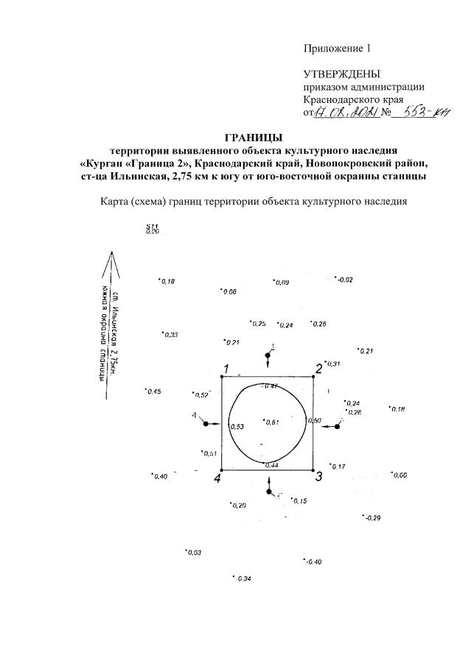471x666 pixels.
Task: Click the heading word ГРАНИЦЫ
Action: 253,137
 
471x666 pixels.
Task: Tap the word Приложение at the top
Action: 332,49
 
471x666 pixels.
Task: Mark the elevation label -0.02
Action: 345,280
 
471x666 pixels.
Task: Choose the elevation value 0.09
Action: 282,283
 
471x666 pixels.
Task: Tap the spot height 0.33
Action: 170,335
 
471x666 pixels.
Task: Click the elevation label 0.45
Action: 153,392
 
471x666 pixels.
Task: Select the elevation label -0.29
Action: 372,519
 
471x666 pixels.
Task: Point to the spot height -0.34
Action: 243,578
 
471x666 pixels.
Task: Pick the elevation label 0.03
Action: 194,553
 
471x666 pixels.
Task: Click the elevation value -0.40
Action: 313,562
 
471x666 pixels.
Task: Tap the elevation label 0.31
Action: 332,364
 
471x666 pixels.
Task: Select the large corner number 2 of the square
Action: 320,369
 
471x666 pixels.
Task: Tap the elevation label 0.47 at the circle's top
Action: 271,386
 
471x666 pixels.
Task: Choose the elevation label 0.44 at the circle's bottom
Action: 271,465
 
